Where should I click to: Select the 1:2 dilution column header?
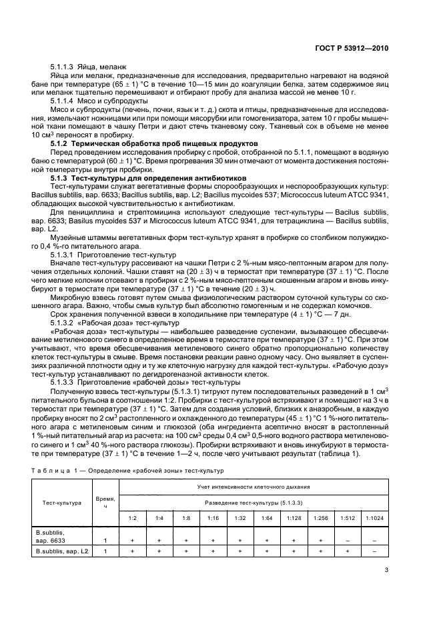[x=132, y=517]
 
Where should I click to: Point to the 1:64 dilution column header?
[x=266, y=517]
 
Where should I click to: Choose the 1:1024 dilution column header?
[x=374, y=517]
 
